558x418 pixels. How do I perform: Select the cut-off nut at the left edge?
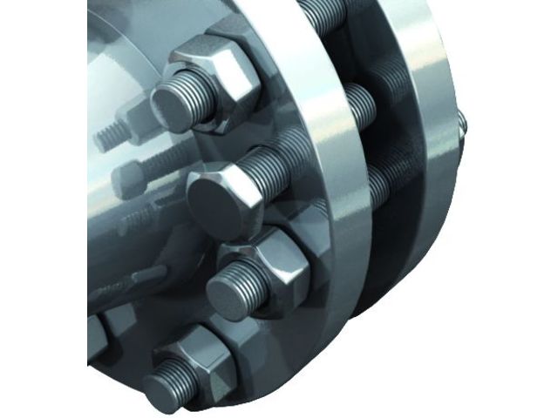pos(96,336)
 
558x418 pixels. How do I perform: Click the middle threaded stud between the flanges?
pos(357,104)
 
